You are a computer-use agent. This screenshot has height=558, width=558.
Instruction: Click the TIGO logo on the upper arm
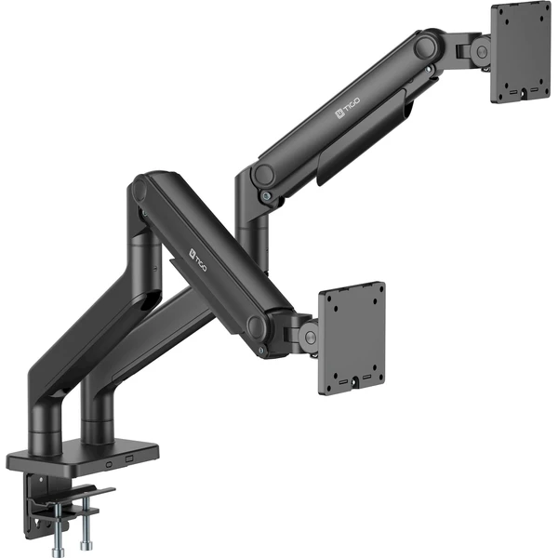[x=347, y=108]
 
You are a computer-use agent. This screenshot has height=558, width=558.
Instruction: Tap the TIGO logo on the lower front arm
[x=197, y=259]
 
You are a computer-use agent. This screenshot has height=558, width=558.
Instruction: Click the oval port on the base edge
[x=109, y=464]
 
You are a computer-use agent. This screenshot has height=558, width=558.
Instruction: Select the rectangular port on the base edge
[x=129, y=458]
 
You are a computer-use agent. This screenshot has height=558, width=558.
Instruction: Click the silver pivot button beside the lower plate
[x=311, y=337]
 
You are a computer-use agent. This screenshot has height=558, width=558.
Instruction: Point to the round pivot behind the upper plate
[x=483, y=50]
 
